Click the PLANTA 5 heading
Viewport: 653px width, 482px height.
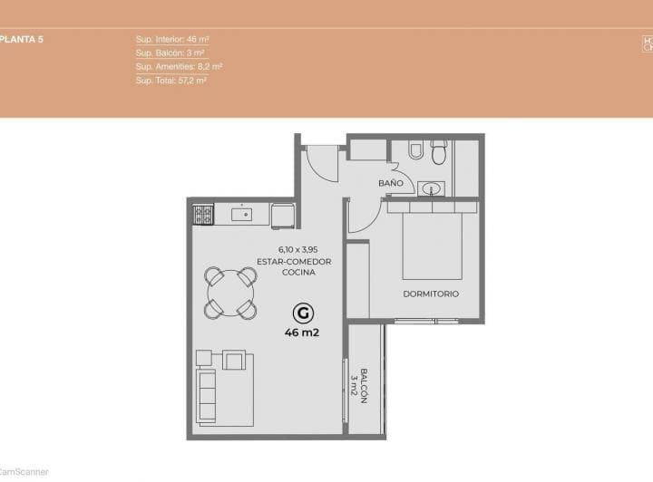(23, 40)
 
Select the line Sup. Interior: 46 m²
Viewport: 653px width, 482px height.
(172, 40)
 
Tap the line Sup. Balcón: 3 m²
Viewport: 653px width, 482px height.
(171, 53)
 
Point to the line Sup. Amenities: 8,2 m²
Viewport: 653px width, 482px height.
(179, 66)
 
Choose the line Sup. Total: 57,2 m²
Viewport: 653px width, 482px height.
(171, 80)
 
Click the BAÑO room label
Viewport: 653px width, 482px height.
(391, 183)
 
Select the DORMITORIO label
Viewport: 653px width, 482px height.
(431, 294)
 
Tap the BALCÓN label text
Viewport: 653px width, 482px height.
(363, 386)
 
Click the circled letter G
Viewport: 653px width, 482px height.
(304, 313)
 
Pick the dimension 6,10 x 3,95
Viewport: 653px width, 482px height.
(297, 249)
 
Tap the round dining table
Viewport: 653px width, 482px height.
(230, 292)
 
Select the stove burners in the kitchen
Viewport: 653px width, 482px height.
(203, 215)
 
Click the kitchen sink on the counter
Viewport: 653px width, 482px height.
(242, 215)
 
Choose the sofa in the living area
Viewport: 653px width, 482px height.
(208, 398)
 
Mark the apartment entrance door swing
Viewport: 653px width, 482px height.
(319, 163)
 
